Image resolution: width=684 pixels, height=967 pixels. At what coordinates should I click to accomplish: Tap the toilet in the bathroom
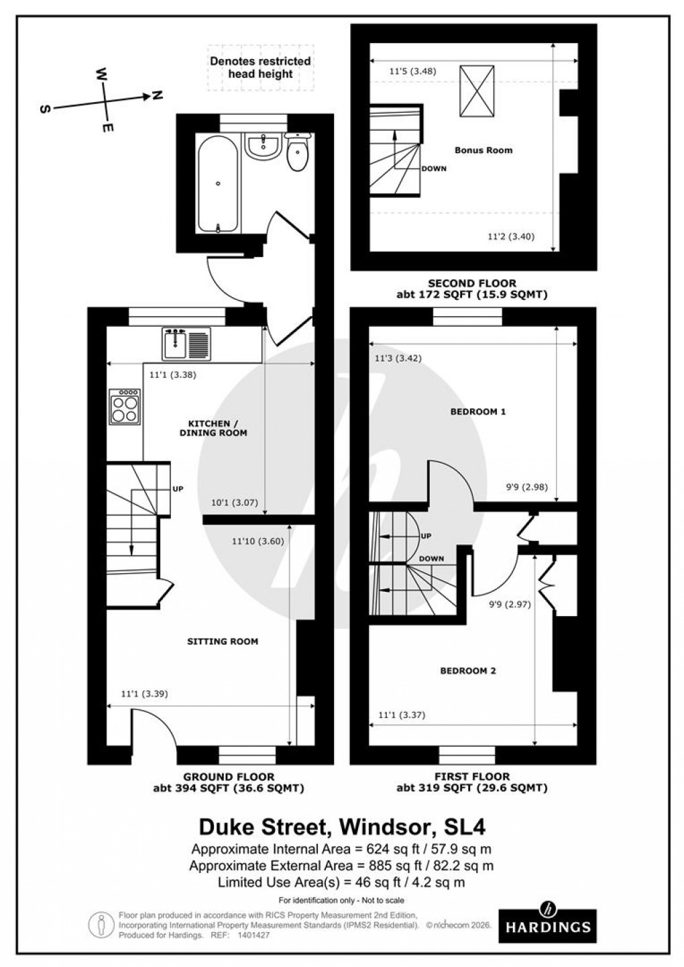click(x=296, y=152)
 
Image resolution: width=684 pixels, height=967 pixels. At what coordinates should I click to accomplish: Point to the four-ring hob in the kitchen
click(x=125, y=407)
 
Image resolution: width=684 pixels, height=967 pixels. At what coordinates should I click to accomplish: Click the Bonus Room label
click(x=483, y=150)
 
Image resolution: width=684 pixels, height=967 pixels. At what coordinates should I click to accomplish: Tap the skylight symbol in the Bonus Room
click(x=476, y=90)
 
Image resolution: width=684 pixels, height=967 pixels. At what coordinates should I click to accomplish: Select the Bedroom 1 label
click(x=477, y=411)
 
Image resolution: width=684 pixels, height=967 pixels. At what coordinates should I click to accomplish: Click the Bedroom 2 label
click(x=467, y=670)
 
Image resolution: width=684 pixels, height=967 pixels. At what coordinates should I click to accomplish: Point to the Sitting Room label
click(x=222, y=642)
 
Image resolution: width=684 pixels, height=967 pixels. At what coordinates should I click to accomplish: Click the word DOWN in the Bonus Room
click(x=434, y=168)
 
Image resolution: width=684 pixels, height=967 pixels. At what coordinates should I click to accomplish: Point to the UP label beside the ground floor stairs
click(x=178, y=488)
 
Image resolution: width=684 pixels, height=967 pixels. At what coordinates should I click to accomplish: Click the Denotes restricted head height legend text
click(x=260, y=67)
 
